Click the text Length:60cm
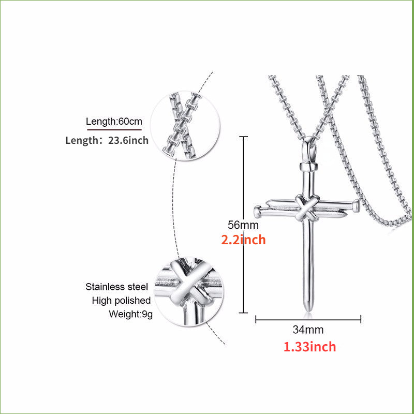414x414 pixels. pyautogui.click(x=114, y=122)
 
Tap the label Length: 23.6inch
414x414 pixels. pyautogui.click(x=107, y=140)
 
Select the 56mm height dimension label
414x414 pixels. pyautogui.click(x=243, y=225)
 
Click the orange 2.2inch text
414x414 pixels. pyautogui.click(x=243, y=240)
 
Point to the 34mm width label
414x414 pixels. pyautogui.click(x=308, y=330)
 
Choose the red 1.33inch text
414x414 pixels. pyautogui.click(x=309, y=347)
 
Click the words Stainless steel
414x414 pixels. pyautogui.click(x=116, y=287)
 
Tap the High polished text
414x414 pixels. pyautogui.click(x=121, y=301)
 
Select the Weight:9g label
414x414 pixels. pyautogui.click(x=130, y=314)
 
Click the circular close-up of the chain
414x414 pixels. pyautogui.click(x=185, y=126)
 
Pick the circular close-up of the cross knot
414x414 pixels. pyautogui.click(x=189, y=291)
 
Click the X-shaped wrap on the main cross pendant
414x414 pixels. pyautogui.click(x=306, y=208)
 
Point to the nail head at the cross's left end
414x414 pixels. pyautogui.click(x=257, y=211)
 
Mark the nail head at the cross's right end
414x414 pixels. pyautogui.click(x=356, y=205)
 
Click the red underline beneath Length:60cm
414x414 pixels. pyautogui.click(x=114, y=130)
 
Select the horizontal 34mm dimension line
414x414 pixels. pyautogui.click(x=308, y=320)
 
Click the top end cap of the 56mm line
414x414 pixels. pyautogui.click(x=243, y=137)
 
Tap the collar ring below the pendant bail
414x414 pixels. pyautogui.click(x=308, y=167)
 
